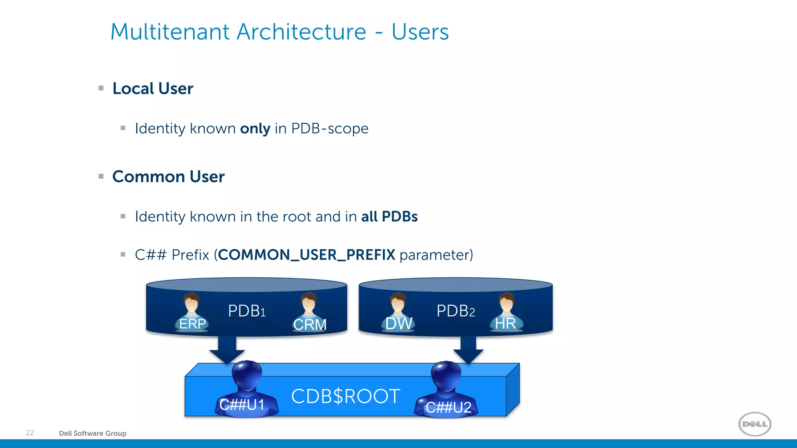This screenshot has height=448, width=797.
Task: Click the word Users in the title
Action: pos(420,32)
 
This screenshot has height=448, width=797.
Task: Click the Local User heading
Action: pos(153,89)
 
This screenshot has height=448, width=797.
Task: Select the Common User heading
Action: pos(168,177)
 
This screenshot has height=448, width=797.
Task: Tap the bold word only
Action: pos(255,129)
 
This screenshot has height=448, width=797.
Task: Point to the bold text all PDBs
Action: pos(389,217)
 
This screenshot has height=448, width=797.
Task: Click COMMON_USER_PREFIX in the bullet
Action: pos(307,255)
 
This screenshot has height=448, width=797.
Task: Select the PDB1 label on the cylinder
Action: pos(247,311)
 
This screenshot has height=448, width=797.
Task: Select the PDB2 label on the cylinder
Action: pos(456,311)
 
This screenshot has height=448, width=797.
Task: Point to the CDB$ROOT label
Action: pos(346,396)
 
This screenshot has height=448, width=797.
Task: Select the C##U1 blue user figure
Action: pos(246,389)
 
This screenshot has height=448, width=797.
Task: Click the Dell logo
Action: pos(755,424)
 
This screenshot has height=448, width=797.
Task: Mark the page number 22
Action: pos(30,433)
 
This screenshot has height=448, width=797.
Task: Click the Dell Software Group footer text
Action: pos(93,433)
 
